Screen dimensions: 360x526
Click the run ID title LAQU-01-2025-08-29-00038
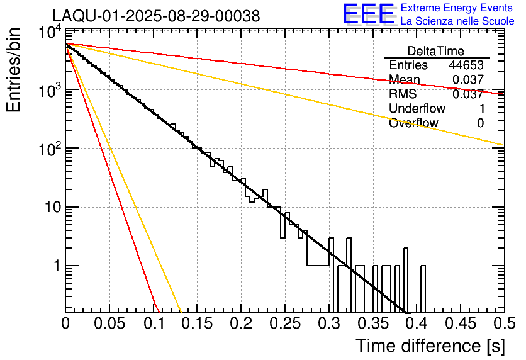click(156, 16)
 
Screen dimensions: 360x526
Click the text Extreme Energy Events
click(457, 8)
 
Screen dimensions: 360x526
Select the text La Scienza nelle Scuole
click(457, 21)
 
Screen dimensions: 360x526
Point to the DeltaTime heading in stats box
click(436, 51)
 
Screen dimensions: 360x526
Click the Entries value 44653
click(466, 65)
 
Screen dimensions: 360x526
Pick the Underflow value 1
click(481, 109)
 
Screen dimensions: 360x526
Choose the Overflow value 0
click(481, 123)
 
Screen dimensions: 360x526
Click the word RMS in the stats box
click(403, 94)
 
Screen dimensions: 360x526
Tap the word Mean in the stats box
click(405, 80)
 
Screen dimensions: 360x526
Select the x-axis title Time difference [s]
click(429, 346)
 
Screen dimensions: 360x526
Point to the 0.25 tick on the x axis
click(285, 323)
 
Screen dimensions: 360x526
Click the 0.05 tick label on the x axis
click(109, 323)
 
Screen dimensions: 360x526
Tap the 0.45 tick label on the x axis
click(461, 323)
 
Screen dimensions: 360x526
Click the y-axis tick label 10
click(48, 208)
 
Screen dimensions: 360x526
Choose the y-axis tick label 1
click(54, 266)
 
